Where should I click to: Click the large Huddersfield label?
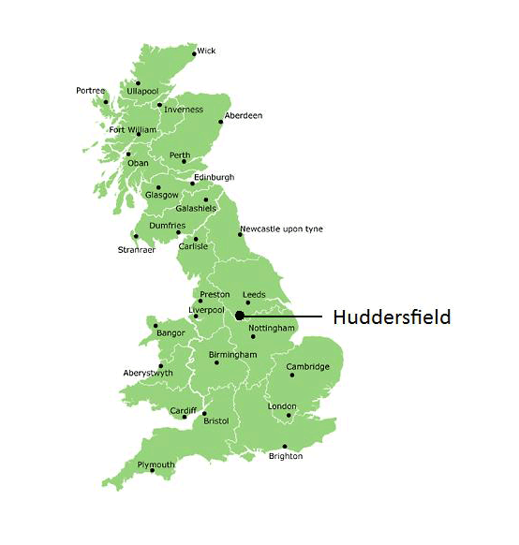pyautogui.click(x=392, y=317)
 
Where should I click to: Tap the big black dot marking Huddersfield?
pyautogui.click(x=240, y=317)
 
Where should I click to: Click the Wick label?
pyautogui.click(x=206, y=51)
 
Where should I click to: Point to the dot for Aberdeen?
pyautogui.click(x=222, y=122)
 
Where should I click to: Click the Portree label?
pyautogui.click(x=91, y=91)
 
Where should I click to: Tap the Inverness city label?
pyautogui.click(x=183, y=110)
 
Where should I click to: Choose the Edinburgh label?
pyautogui.click(x=214, y=177)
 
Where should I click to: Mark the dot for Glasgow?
pyautogui.click(x=158, y=187)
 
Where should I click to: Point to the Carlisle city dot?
pyautogui.click(x=196, y=238)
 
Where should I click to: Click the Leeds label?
pyautogui.click(x=255, y=294)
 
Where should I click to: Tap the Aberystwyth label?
pyautogui.click(x=148, y=373)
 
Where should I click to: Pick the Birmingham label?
pyautogui.click(x=233, y=355)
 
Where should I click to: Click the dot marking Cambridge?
pyautogui.click(x=292, y=376)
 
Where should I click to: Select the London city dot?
pyautogui.click(x=289, y=415)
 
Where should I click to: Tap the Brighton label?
pyautogui.click(x=286, y=456)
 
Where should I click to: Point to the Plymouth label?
pyautogui.click(x=156, y=464)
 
